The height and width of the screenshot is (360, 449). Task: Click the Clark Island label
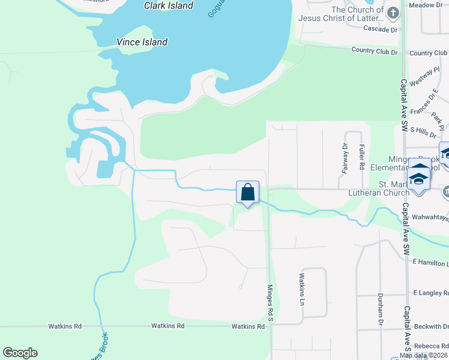point(169,6)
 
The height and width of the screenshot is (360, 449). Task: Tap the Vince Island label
point(142,43)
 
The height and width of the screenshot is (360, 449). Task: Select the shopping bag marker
point(247,193)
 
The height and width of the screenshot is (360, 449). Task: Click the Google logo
point(20,353)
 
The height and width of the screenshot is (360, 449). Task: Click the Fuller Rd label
point(362,155)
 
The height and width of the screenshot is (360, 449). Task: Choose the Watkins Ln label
point(302,289)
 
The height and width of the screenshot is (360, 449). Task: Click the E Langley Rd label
point(431,292)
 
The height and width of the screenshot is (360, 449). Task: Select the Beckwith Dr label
point(431,327)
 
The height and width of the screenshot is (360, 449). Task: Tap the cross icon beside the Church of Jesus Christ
point(393,13)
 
